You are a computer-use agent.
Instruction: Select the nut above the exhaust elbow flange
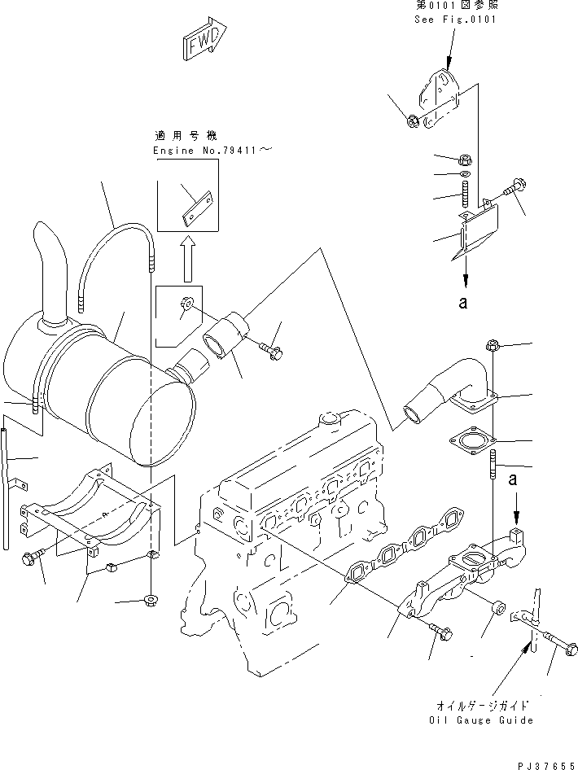[493, 345]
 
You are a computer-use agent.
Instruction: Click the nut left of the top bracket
[412, 122]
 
